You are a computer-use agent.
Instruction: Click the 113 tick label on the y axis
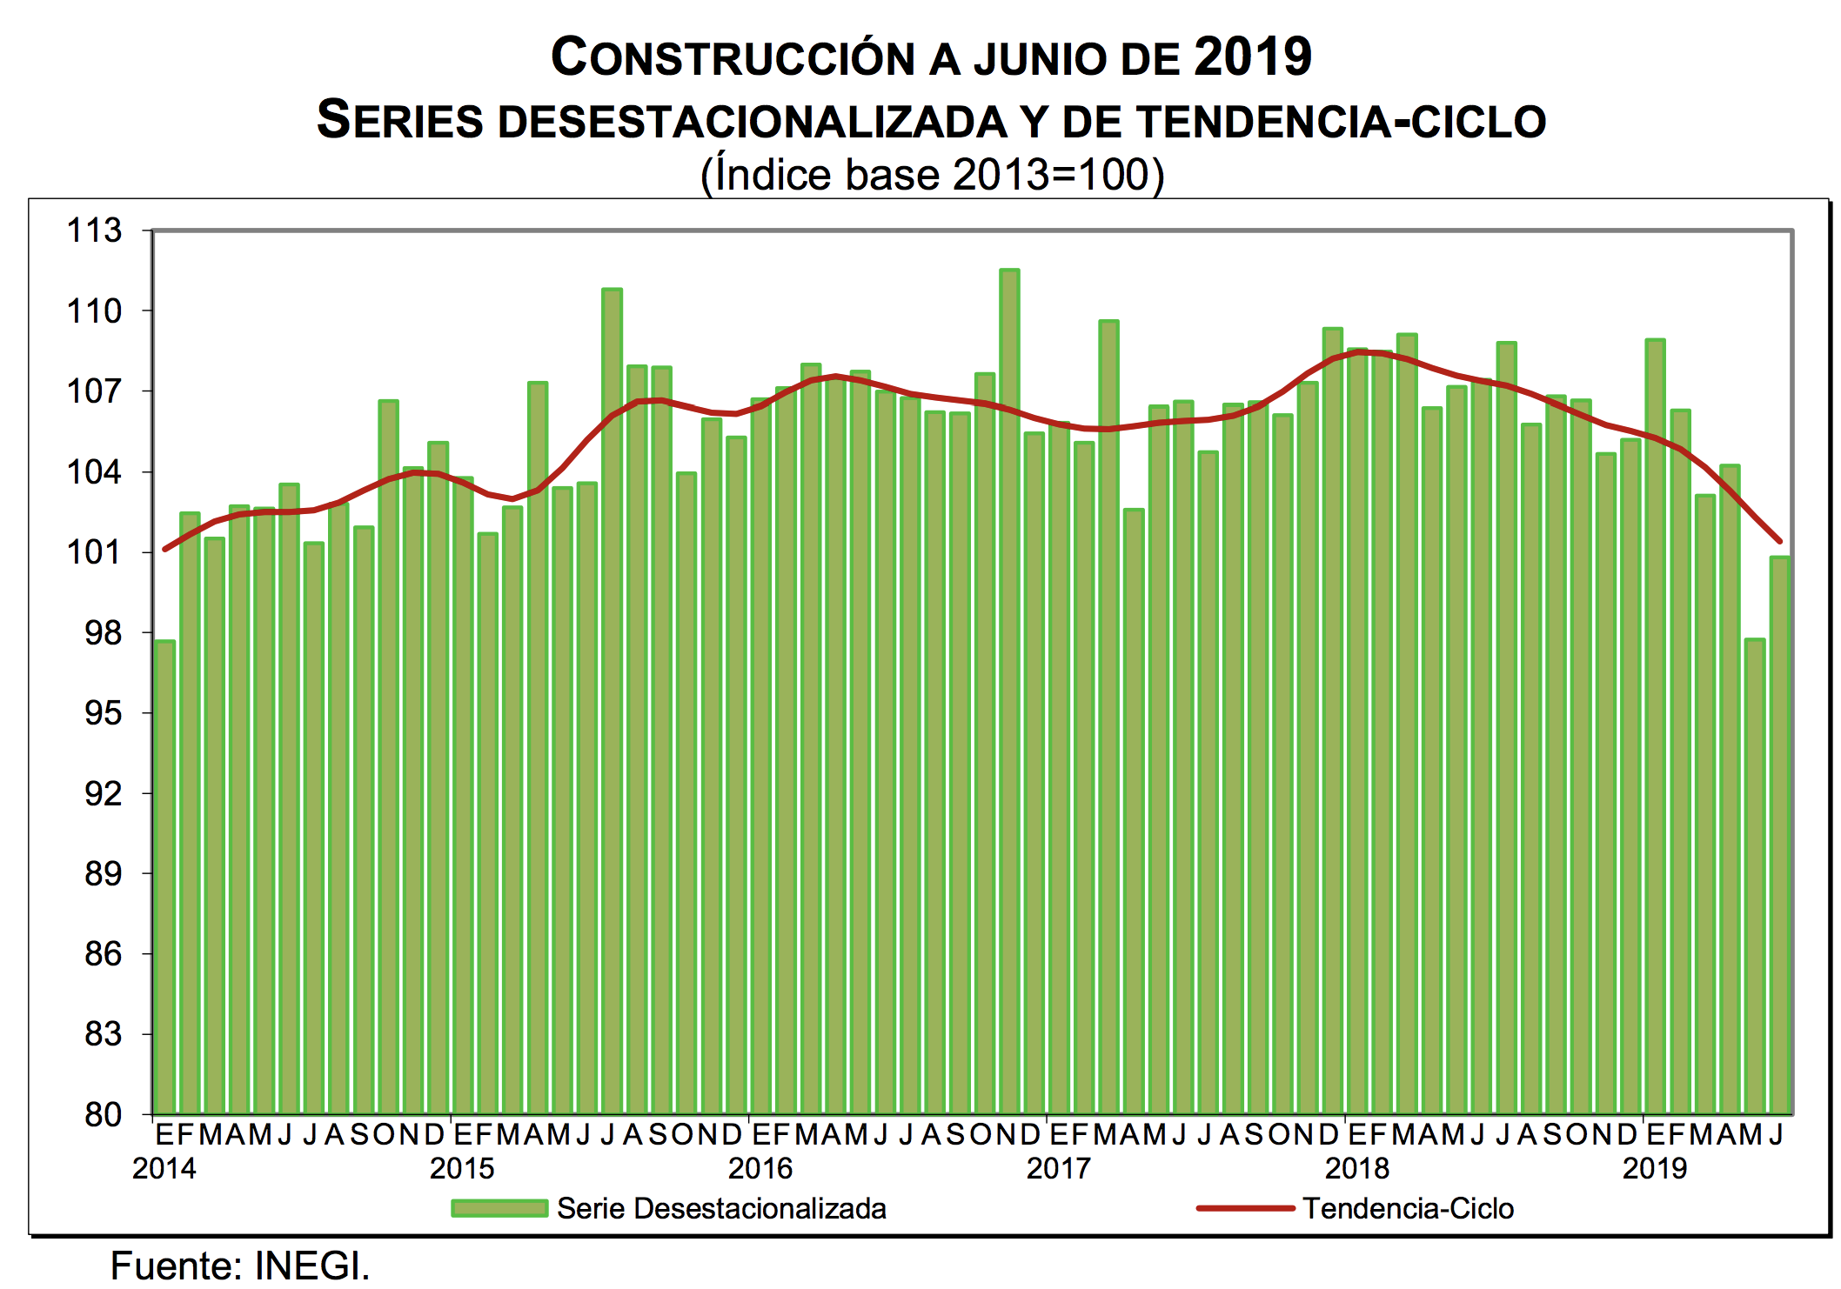[x=95, y=230]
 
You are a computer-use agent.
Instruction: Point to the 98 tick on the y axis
[x=103, y=633]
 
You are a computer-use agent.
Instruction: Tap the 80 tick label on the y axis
[x=103, y=1114]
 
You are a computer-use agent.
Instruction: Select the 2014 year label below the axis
[x=164, y=1168]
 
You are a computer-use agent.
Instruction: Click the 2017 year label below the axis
[x=1058, y=1168]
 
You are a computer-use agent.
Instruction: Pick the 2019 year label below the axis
[x=1654, y=1168]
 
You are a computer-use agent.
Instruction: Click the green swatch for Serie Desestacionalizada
[x=499, y=1208]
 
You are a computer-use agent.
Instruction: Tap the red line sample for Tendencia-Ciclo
[x=1245, y=1208]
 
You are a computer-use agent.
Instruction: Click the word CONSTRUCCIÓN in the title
[x=733, y=58]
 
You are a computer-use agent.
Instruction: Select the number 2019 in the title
[x=1253, y=57]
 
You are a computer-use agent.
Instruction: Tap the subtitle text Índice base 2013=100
[x=932, y=175]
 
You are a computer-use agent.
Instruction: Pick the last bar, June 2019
[x=1779, y=835]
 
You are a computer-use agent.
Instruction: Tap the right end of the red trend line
[x=1780, y=542]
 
